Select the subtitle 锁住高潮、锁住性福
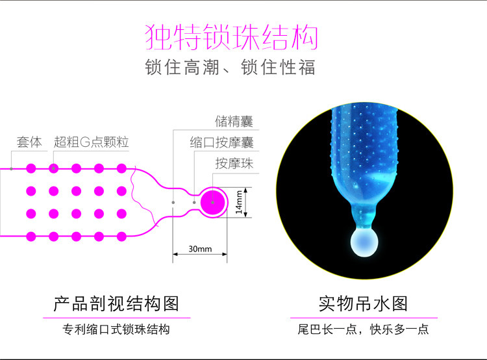[230, 68]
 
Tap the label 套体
[29, 142]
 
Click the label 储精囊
[234, 122]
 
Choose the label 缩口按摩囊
[221, 142]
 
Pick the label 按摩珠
[234, 164]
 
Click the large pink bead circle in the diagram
[212, 202]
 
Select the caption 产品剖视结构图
[116, 302]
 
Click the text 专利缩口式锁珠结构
[116, 330]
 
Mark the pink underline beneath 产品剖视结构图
[116, 318]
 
